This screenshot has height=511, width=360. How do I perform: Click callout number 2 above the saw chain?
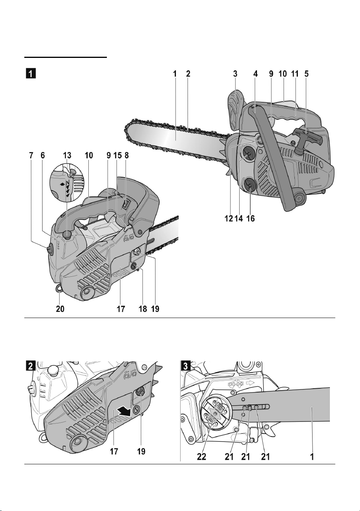point(188,74)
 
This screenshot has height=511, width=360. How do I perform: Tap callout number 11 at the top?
point(294,74)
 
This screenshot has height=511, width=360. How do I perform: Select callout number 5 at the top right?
point(306,74)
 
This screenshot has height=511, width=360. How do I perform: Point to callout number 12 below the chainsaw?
point(228,218)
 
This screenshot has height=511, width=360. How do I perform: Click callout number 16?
point(250,218)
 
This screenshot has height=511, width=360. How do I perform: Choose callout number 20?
point(60,309)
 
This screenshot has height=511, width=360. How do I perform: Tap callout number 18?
point(143,309)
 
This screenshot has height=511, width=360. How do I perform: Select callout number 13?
point(67,156)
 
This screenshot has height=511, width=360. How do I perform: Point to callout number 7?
point(31,156)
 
